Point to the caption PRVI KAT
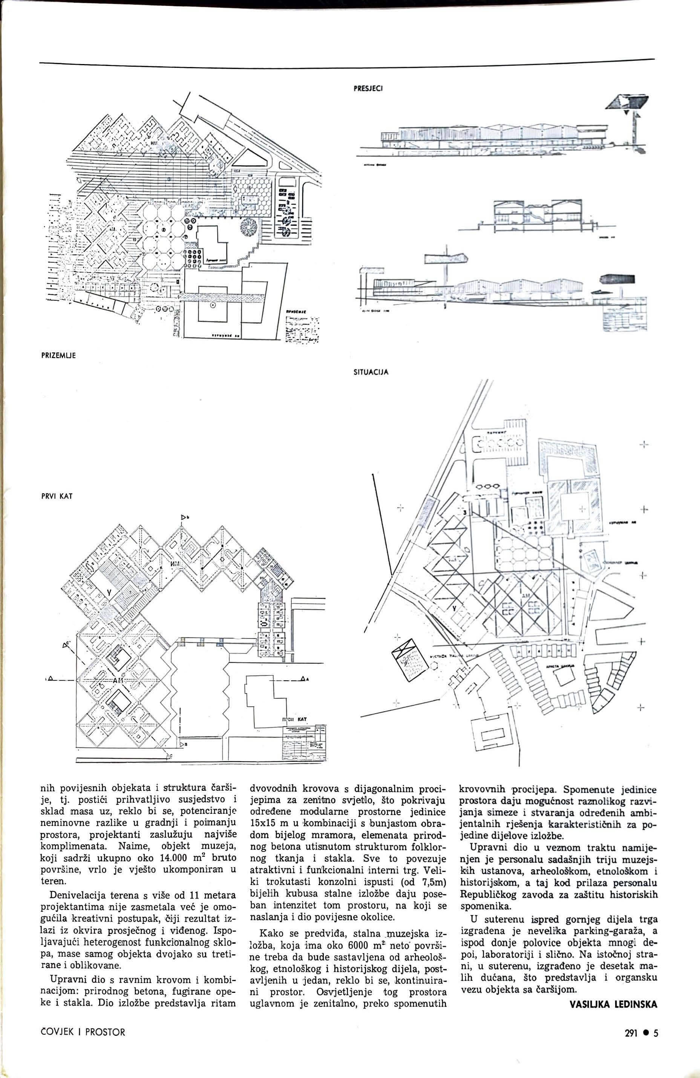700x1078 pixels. pyautogui.click(x=57, y=496)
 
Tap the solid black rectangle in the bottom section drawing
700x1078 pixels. pyautogui.click(x=617, y=279)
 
